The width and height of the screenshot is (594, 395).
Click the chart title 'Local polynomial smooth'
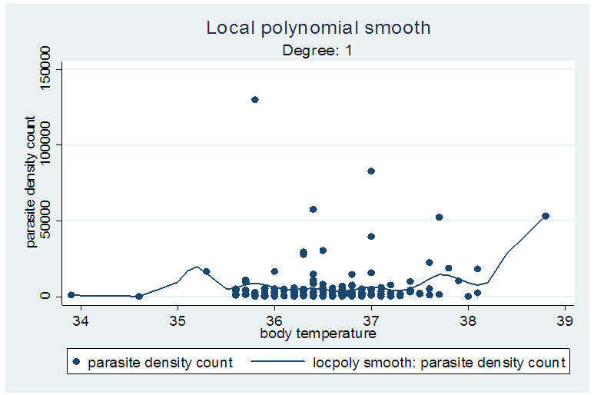[318, 28]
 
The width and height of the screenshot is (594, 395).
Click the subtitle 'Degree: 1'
[317, 51]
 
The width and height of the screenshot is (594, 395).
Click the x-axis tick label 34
[81, 320]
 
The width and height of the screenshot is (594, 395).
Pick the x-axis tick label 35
[178, 320]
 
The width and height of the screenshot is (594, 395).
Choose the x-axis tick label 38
[468, 320]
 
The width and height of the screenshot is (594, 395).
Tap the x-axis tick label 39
[565, 320]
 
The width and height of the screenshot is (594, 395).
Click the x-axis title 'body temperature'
[317, 334]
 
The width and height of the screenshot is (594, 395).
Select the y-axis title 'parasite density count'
[32, 182]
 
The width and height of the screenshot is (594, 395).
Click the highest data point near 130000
[255, 99]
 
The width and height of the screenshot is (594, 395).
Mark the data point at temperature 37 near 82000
[371, 171]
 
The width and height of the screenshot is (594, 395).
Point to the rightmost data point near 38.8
[546, 216]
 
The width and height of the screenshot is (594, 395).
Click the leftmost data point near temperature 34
[71, 294]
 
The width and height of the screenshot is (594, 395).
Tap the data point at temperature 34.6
[139, 296]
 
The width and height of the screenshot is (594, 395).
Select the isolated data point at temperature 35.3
[207, 271]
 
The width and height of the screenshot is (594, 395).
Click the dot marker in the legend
[78, 362]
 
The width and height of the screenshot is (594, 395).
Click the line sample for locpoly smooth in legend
[277, 362]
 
